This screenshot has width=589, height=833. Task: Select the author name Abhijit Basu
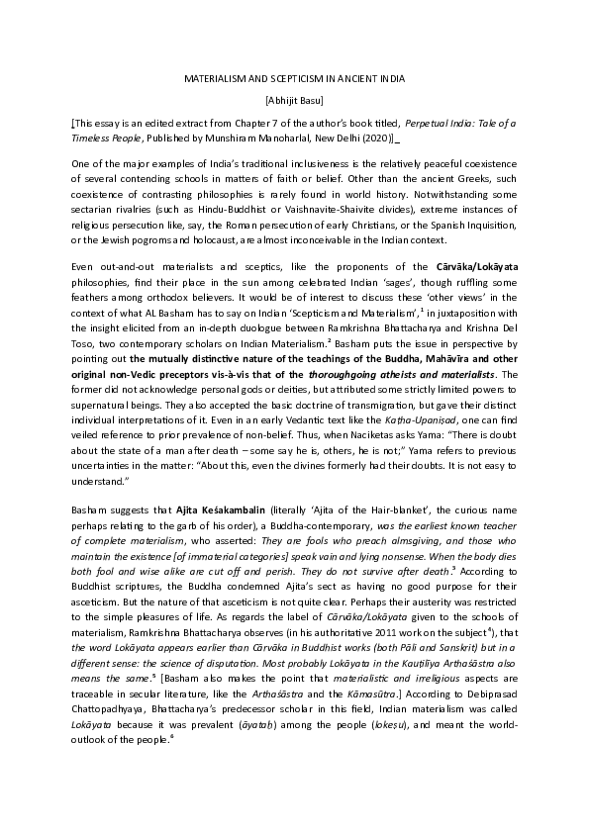(x=294, y=100)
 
